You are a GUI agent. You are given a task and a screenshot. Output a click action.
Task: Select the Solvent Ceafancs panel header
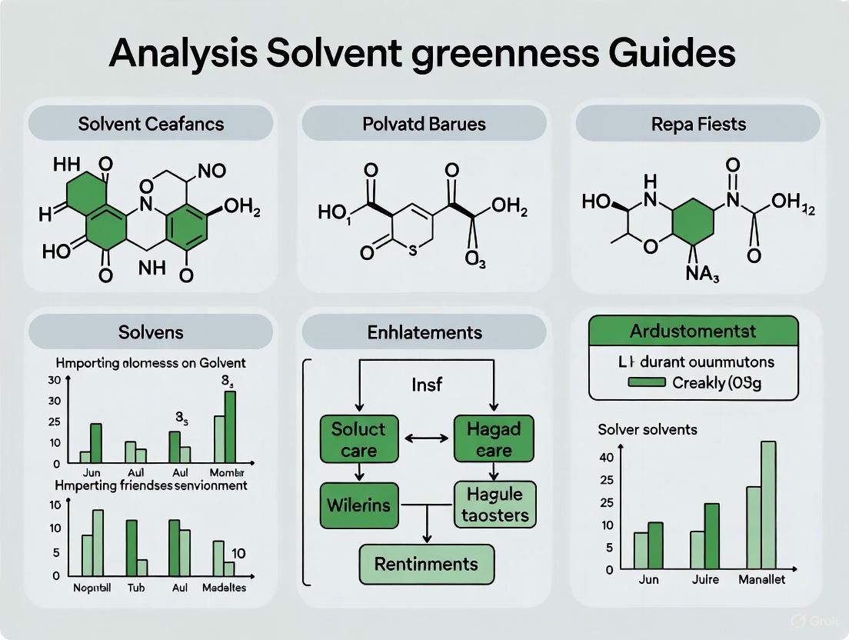(150, 123)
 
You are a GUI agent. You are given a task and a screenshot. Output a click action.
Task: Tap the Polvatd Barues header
(424, 123)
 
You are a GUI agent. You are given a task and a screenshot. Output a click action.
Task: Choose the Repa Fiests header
(698, 123)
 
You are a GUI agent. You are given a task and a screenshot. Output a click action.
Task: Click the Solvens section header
(150, 332)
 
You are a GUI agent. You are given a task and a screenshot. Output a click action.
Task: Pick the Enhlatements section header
(424, 332)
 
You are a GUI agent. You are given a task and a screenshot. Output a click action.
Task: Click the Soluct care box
(358, 439)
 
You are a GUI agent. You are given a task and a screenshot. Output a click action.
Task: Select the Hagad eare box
(493, 439)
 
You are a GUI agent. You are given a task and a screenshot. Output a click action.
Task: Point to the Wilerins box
(359, 505)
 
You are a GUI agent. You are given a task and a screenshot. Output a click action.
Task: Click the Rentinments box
(426, 564)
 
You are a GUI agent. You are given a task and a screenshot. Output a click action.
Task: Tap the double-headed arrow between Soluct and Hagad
(426, 439)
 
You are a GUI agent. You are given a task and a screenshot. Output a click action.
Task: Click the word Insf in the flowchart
(427, 384)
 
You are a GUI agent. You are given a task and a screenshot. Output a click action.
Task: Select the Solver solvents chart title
(648, 429)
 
